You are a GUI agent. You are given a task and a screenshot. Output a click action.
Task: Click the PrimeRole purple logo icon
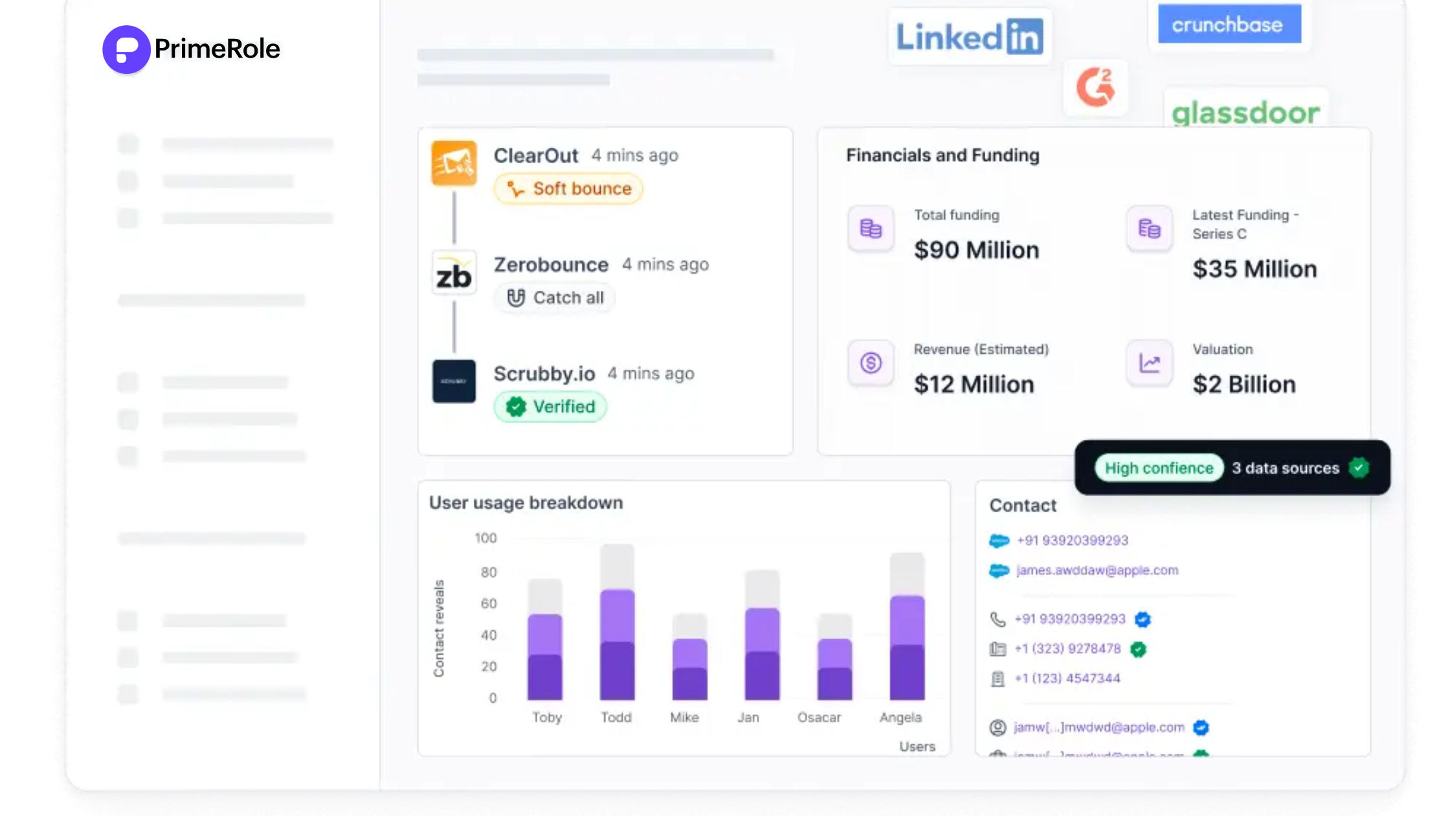[x=126, y=49]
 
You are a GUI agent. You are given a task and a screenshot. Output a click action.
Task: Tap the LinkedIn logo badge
[x=969, y=36]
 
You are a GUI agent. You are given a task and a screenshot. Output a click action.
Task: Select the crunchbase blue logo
[x=1229, y=25]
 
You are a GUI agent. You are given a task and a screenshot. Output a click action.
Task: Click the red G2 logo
[x=1095, y=87]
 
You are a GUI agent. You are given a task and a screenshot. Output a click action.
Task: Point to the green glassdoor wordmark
[x=1245, y=113]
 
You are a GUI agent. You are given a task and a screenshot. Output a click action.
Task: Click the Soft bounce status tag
[x=568, y=188]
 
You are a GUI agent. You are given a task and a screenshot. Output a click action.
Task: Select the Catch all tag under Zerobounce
[x=555, y=298]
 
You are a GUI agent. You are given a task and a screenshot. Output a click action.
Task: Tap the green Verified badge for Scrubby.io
[x=550, y=407]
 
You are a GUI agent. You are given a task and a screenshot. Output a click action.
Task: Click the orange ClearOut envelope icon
[x=454, y=163]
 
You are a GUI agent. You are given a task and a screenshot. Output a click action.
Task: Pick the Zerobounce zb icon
[x=454, y=273]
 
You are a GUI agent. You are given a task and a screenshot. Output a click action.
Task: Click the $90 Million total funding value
[x=976, y=250]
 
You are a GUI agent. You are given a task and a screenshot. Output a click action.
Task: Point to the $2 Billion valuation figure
[x=1244, y=385]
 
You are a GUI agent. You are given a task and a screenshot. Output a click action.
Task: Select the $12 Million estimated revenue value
[x=974, y=385]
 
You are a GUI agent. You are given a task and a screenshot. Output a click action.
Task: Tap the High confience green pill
[x=1158, y=468]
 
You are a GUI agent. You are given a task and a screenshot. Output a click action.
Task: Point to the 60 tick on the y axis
[x=489, y=604]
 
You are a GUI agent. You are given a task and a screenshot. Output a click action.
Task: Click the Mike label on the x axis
[x=684, y=718]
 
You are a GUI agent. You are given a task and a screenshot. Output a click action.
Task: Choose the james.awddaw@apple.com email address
[x=1097, y=571]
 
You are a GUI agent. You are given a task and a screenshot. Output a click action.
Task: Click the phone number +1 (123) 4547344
[x=1067, y=679]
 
